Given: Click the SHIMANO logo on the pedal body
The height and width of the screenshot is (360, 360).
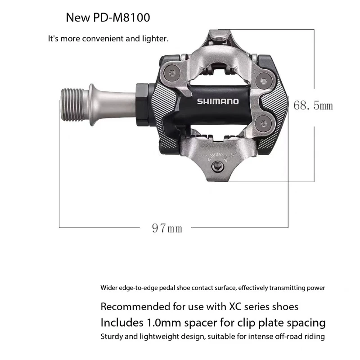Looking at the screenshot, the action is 218,102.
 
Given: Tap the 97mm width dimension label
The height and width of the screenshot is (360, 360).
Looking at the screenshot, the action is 167,228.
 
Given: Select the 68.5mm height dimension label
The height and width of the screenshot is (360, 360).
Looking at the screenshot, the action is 313,106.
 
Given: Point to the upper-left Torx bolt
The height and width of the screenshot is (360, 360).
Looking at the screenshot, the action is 172,73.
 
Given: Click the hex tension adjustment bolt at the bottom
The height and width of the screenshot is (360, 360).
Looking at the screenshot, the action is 217,166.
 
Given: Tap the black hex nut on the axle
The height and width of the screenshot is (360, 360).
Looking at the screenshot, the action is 142,105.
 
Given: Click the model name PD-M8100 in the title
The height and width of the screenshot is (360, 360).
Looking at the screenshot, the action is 121,18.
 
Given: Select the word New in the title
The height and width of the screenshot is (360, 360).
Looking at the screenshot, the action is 77,18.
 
